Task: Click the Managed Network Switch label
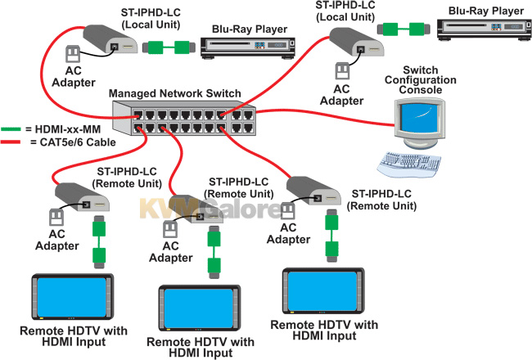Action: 174,93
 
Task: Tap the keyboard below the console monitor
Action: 409,164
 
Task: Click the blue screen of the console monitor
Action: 419,118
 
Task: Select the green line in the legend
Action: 11,129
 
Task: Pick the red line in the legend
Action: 11,142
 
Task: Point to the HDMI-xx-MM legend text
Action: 68,129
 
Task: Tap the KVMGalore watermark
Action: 210,209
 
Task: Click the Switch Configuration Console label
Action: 421,80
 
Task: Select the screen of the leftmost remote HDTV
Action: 73,297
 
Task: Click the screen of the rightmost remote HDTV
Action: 323,291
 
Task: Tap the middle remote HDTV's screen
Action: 200,308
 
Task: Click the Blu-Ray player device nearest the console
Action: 485,29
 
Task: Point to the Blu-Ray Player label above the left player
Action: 250,29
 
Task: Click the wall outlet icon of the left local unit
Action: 73,54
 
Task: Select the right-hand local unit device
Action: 356,42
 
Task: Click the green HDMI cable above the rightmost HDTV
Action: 331,236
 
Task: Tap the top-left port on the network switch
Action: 138,115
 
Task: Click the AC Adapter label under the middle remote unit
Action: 171,252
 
